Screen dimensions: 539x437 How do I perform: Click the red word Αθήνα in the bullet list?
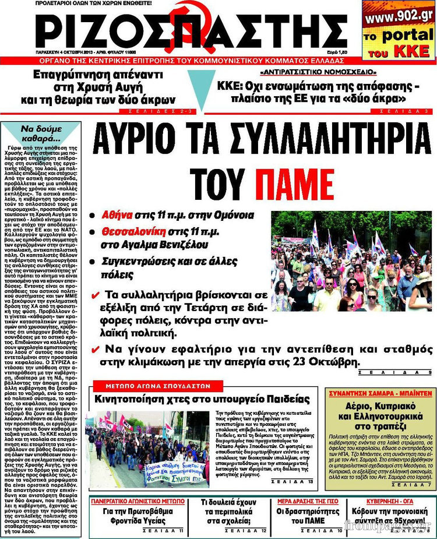(x=118, y=215)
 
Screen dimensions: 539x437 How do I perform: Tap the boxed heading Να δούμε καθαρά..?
(x=40, y=133)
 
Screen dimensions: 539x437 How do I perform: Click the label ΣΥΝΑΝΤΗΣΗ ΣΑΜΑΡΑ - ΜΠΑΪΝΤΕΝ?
(x=380, y=393)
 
